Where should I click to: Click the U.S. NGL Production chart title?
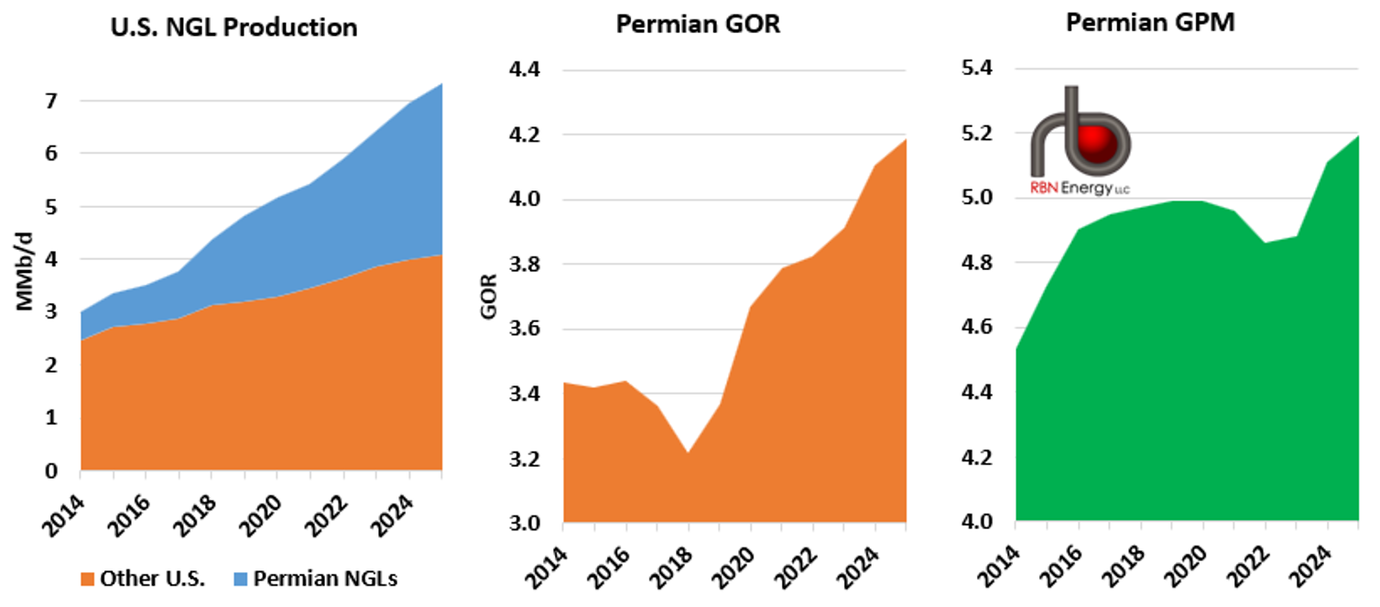point(234,27)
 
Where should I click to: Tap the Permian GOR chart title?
point(698,24)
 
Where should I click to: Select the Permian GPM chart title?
point(1150,23)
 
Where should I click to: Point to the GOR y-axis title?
point(488,295)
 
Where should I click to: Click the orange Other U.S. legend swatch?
point(87,579)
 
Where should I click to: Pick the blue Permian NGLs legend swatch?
point(239,579)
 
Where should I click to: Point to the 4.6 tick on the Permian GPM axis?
point(979,328)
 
